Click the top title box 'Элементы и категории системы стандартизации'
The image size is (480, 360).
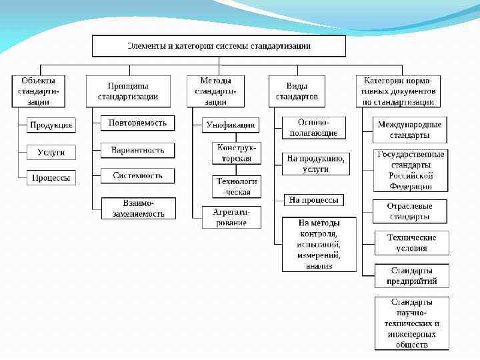[x=219, y=46]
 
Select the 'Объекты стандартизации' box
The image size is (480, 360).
[x=39, y=91]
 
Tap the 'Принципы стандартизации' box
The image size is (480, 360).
[x=128, y=91]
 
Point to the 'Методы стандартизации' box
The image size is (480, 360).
[x=216, y=91]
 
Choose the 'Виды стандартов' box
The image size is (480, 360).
[x=297, y=91]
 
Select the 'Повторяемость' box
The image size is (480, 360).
[x=138, y=123]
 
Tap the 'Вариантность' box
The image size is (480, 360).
[x=138, y=150]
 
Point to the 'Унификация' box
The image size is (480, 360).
[x=231, y=125]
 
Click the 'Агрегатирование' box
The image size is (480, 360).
[x=231, y=217]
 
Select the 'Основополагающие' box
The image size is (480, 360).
[x=313, y=128]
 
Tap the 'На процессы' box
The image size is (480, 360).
[x=313, y=199]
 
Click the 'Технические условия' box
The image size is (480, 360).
[x=411, y=243]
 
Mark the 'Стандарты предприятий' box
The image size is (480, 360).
[x=411, y=276]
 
